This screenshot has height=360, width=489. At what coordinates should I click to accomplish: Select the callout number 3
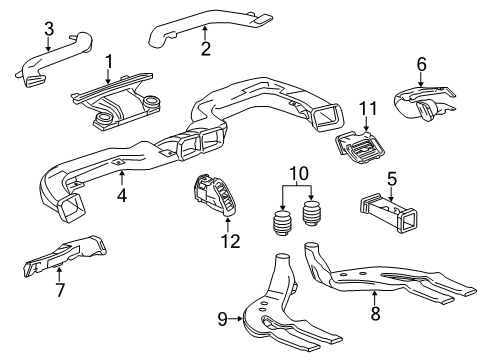(47, 30)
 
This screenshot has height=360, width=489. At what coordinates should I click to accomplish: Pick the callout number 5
(393, 180)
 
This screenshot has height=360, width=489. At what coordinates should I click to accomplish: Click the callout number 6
(421, 63)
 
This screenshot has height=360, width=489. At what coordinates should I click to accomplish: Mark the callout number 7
(59, 289)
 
